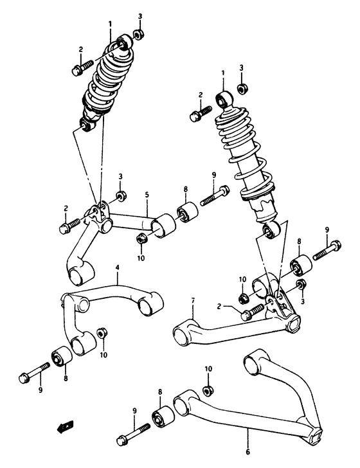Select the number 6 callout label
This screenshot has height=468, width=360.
(x=247, y=452)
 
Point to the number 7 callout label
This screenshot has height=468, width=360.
(x=192, y=300)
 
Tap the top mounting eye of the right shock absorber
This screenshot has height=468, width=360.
(x=224, y=99)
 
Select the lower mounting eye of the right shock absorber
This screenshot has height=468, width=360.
(x=269, y=230)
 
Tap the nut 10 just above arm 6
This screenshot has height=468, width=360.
(x=208, y=390)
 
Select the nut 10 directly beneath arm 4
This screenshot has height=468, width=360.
(x=102, y=334)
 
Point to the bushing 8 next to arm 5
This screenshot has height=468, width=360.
(x=187, y=212)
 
